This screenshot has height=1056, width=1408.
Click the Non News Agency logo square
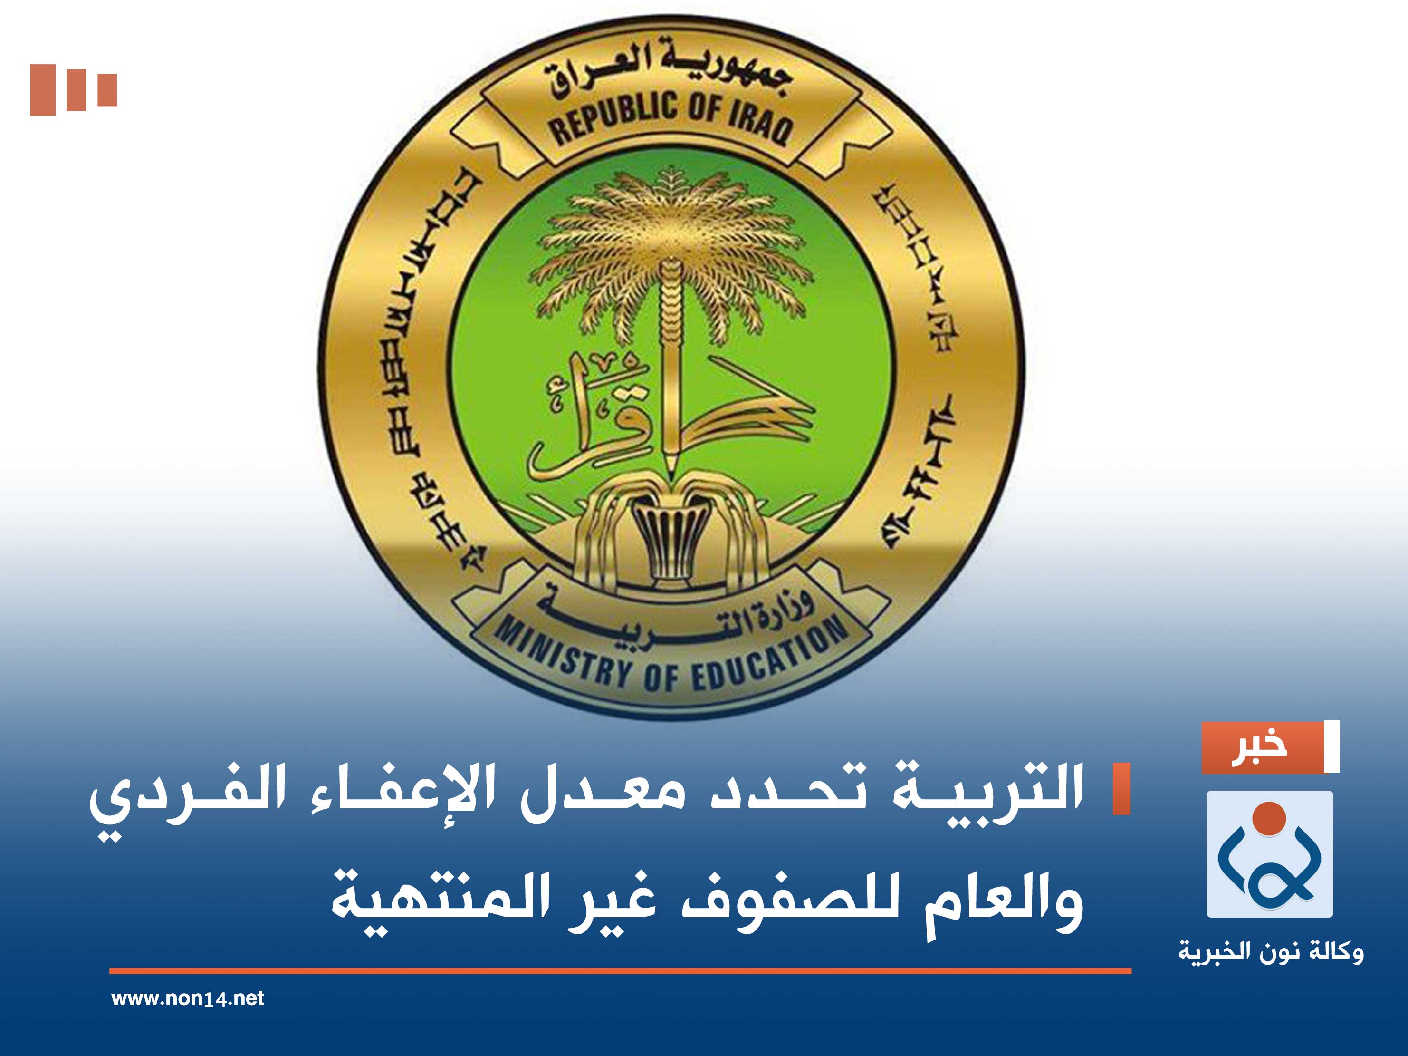(1270, 854)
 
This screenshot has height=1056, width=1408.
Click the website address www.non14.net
(187, 998)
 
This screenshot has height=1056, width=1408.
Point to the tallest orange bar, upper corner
(43, 90)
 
